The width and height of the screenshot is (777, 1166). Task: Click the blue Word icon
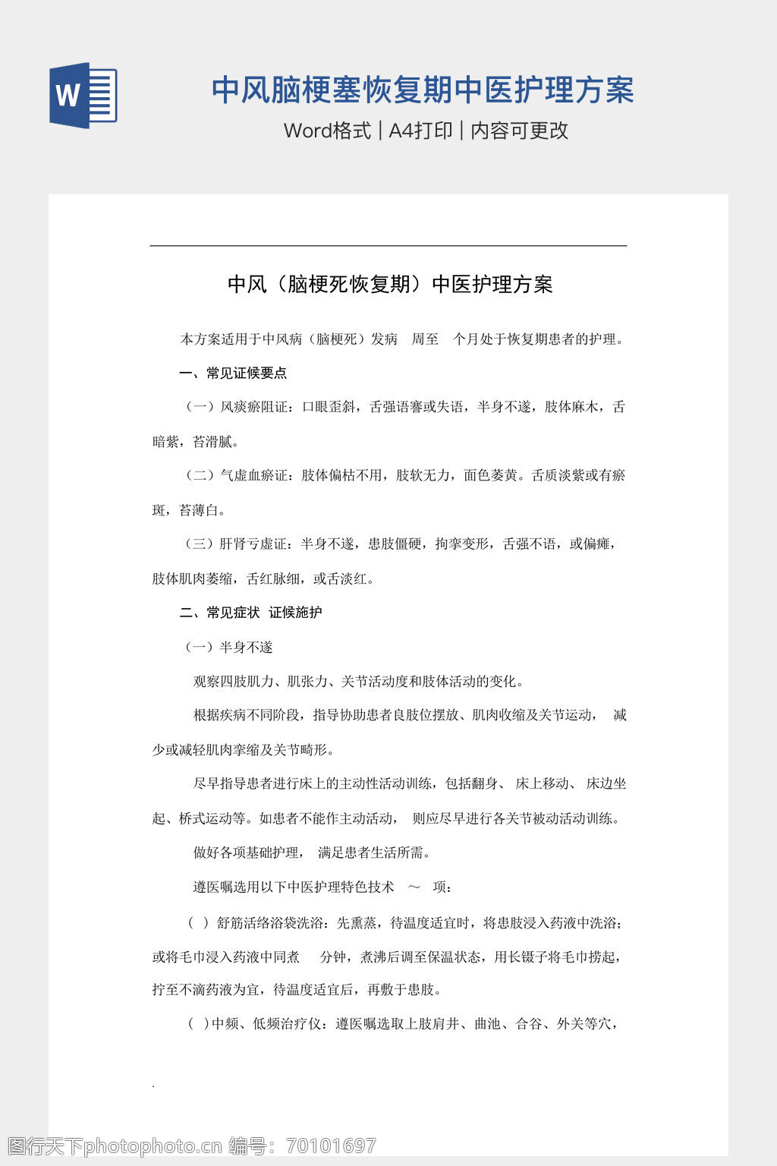(83, 95)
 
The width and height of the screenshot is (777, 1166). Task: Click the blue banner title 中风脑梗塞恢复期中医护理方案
(422, 90)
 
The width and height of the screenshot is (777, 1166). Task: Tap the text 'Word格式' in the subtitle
(327, 131)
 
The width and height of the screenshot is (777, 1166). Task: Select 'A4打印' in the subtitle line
(420, 131)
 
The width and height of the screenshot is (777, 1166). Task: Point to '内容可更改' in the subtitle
(519, 131)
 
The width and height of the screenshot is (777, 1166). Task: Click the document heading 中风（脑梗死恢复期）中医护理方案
(390, 285)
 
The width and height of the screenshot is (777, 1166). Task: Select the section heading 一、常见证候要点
(233, 373)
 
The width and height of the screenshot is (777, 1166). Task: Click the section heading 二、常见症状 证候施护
(250, 613)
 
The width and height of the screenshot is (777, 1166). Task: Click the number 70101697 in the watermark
(331, 1146)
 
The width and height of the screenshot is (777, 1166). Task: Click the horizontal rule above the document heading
(388, 246)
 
